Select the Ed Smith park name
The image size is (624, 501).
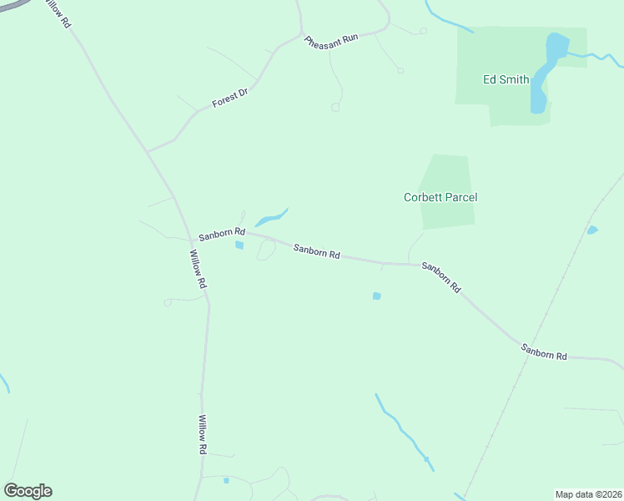coord(506,80)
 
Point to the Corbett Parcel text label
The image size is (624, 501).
coord(440,198)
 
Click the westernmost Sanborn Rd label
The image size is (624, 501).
coord(221,234)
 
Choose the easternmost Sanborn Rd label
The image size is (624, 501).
coord(544,352)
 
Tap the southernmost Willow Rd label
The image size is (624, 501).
coord(202,434)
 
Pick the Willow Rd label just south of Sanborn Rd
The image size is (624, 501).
coord(198,269)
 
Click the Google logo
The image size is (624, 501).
coord(28,491)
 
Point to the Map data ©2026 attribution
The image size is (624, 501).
coord(588,494)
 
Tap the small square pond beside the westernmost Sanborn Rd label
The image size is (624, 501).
coord(239,245)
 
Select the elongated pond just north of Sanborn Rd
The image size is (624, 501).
coord(271,218)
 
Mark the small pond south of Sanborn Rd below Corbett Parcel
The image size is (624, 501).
coord(376,296)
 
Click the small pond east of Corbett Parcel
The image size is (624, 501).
coord(591,230)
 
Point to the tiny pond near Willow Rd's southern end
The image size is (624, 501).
coord(226,480)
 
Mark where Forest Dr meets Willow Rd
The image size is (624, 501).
coord(148,152)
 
